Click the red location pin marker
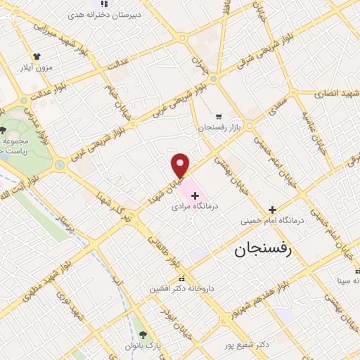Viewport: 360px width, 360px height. (x=181, y=165)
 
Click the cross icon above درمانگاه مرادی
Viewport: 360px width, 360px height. (x=195, y=193)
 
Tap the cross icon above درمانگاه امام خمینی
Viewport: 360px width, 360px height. (x=272, y=210)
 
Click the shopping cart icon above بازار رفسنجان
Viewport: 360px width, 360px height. (x=219, y=116)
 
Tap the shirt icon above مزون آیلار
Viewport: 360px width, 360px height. (x=37, y=56)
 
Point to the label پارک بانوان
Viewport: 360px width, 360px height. (x=143, y=347)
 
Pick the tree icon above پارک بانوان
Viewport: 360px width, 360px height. (x=143, y=335)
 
